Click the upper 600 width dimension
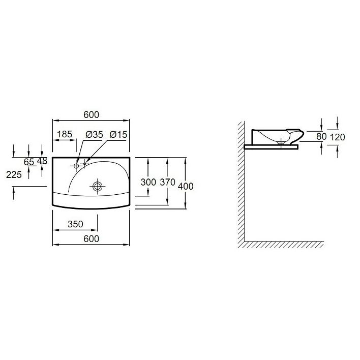tap(92, 115)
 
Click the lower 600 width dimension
tap(92, 239)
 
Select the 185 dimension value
tap(65, 134)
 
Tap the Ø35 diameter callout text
tap(95, 135)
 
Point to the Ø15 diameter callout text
tap(118, 135)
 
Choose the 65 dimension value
tap(29, 162)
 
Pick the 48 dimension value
tap(42, 161)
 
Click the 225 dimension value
tap(14, 175)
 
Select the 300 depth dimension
tap(148, 183)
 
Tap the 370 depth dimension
tap(168, 183)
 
